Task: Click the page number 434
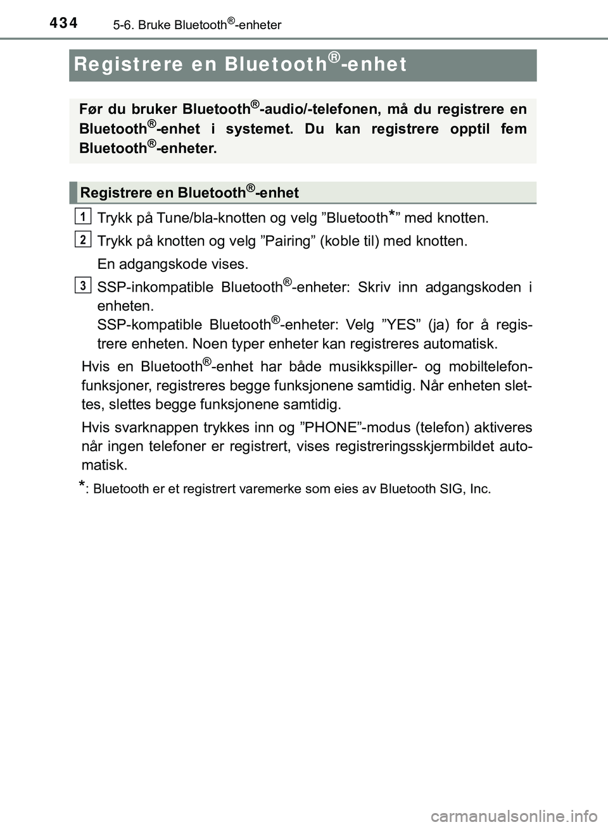(64, 23)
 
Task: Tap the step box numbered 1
(82, 216)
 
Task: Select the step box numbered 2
(82, 239)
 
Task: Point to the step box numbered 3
(82, 285)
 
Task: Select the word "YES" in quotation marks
(400, 325)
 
